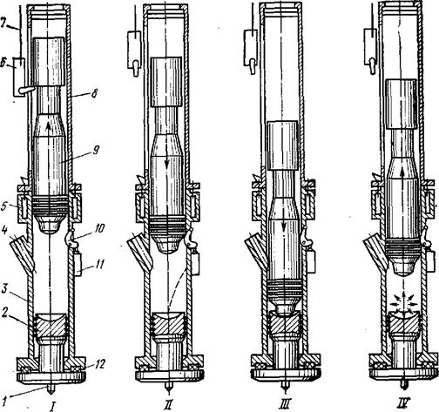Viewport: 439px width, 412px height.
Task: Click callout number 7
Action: pos(4,24)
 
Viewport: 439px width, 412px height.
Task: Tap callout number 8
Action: pos(94,94)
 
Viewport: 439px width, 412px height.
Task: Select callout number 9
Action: pos(96,150)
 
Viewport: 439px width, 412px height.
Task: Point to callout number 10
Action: pos(99,229)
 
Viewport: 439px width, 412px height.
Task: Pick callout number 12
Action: pos(100,364)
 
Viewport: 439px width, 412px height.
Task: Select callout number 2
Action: pos(4,314)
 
